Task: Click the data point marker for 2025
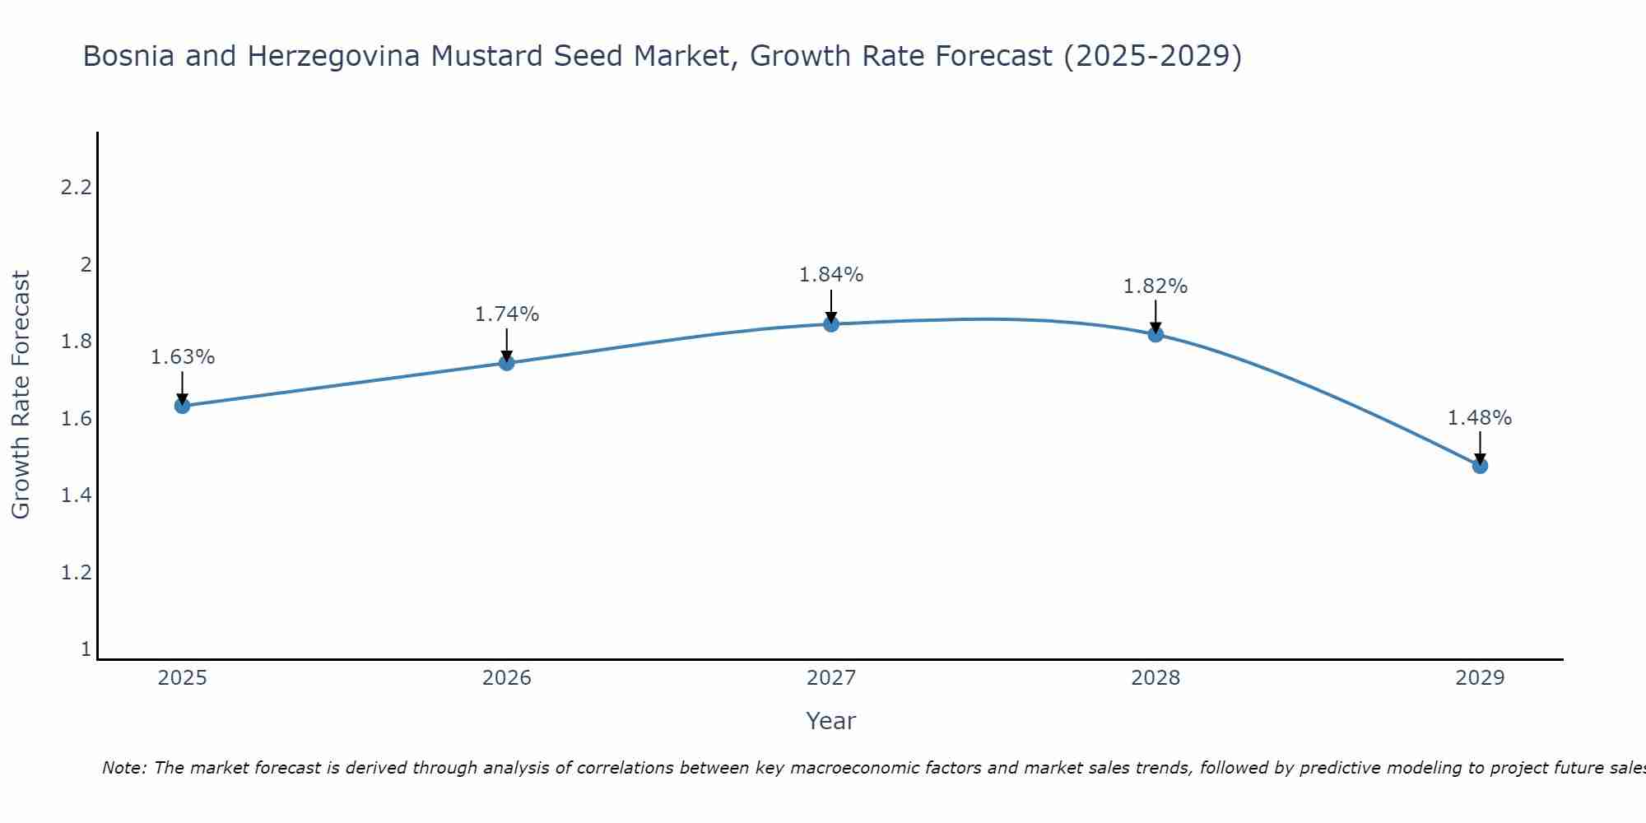click(x=182, y=406)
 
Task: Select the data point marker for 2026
click(x=506, y=363)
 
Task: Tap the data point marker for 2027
click(x=831, y=324)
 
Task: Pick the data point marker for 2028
click(x=1155, y=334)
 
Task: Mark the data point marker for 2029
click(x=1480, y=466)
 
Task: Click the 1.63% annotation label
click(x=182, y=357)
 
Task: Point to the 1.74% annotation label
click(x=506, y=314)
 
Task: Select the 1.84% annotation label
click(x=831, y=275)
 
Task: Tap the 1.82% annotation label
click(x=1155, y=286)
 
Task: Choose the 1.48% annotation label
click(x=1480, y=418)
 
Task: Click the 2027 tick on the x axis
click(x=831, y=678)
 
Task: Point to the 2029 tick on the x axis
click(x=1480, y=678)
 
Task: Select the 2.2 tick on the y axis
click(x=76, y=188)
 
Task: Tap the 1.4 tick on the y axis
click(x=76, y=495)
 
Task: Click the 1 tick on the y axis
click(x=86, y=649)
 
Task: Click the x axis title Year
click(x=831, y=721)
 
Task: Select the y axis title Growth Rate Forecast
click(x=21, y=395)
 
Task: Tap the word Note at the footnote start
click(x=123, y=768)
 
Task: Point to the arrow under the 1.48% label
click(x=1480, y=448)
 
